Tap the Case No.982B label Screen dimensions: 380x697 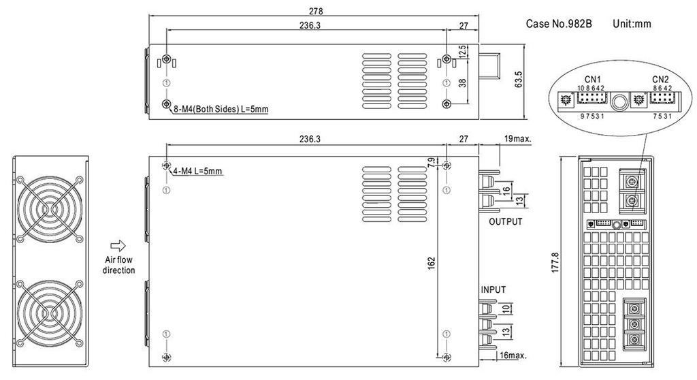[559, 24]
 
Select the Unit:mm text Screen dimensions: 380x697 [632, 24]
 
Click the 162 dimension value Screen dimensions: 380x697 [430, 262]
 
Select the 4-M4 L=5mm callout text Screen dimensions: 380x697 [199, 170]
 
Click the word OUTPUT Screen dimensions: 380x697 [505, 222]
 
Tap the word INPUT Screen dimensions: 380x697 [493, 289]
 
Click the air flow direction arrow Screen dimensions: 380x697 [118, 245]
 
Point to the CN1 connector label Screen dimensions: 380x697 [591, 78]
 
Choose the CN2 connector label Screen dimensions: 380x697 [660, 78]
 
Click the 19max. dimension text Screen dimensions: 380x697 [518, 139]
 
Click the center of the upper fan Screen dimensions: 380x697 [49, 211]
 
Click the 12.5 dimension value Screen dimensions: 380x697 [462, 52]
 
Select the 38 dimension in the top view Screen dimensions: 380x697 [462, 82]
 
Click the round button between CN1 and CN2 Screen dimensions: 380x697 [619, 102]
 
